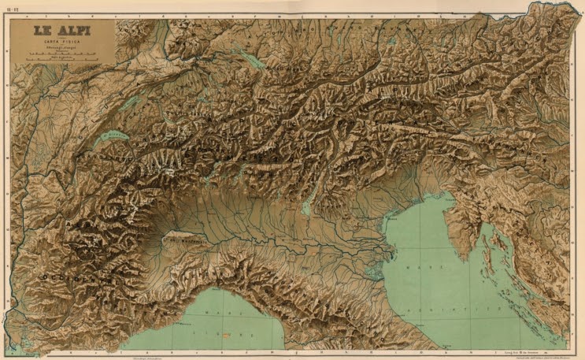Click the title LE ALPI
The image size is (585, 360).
click(x=61, y=31)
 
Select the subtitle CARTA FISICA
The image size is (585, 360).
click(x=61, y=41)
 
